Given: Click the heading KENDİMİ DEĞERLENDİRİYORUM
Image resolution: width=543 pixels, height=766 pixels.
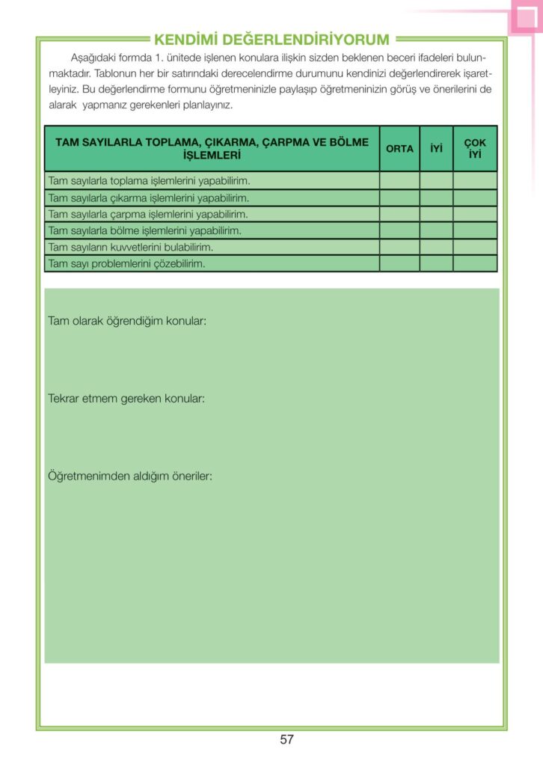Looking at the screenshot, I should coord(271,40).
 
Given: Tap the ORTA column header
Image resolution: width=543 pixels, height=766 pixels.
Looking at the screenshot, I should coord(399,149).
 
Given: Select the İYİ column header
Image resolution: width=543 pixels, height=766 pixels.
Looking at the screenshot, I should coord(436,149).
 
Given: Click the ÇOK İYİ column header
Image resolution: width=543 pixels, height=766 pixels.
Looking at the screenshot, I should coord(475,148).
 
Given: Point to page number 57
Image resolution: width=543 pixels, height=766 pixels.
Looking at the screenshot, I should coord(286,740).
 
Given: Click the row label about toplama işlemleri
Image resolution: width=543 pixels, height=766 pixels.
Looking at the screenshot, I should coord(148,181).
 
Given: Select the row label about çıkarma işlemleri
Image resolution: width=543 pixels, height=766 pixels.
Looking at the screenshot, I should coord(148,198).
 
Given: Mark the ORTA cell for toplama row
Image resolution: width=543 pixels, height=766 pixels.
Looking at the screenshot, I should coord(399,181).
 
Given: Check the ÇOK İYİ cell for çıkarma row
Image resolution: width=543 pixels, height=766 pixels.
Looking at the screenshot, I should coord(475,198).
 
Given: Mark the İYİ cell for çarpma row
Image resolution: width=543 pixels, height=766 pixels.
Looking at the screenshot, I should coord(436,215).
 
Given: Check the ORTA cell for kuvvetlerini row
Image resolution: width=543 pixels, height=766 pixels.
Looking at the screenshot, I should coord(399,247).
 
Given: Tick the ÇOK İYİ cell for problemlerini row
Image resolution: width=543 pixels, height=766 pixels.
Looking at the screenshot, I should coord(475,263).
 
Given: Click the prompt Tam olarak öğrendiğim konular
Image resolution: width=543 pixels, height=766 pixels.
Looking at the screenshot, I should coord(127,321).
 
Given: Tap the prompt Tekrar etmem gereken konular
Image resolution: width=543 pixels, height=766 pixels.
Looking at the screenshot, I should coord(126,399).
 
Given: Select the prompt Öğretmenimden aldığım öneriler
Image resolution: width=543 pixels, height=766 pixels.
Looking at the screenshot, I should coord(130,476).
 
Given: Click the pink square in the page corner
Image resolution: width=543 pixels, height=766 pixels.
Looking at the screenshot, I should coord(526,19).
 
